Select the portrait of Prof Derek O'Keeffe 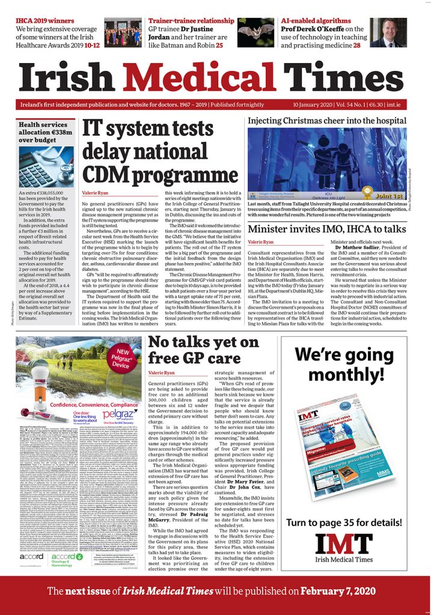(388, 32)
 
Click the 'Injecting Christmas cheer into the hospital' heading (327, 120)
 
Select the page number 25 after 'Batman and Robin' (219, 44)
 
